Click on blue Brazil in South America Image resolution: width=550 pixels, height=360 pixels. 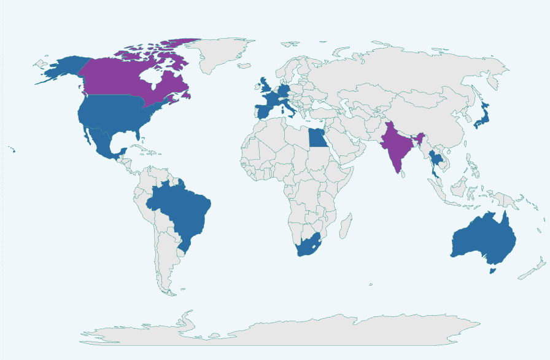tap(181, 209)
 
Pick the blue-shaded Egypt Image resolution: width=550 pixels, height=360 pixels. tap(317, 139)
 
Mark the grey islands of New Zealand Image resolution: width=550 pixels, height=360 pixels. tap(532, 271)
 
